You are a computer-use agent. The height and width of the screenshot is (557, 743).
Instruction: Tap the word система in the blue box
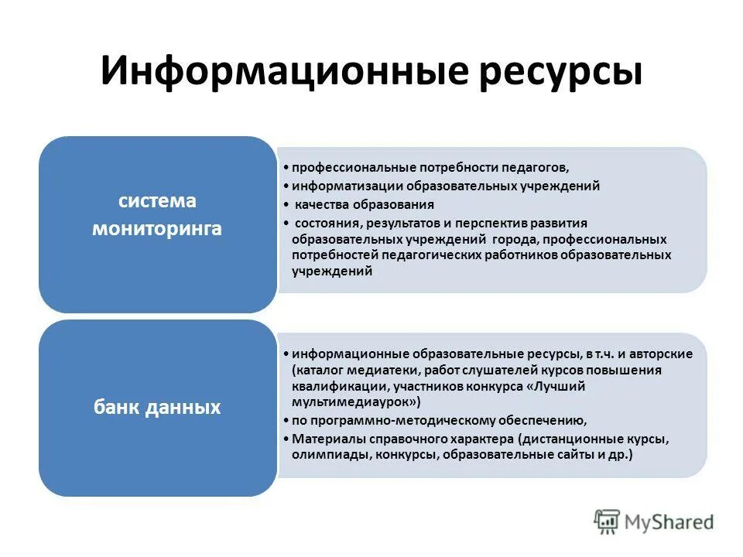click(x=157, y=201)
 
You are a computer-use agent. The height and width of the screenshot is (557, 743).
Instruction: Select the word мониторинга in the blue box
click(x=157, y=229)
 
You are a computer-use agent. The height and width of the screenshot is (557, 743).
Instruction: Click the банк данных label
click(x=157, y=407)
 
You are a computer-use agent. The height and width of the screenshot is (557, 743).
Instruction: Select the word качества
click(x=324, y=204)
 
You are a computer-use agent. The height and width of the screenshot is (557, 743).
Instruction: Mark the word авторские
click(x=664, y=354)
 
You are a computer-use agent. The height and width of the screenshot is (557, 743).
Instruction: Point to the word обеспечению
click(x=544, y=421)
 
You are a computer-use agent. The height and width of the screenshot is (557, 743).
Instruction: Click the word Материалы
click(x=327, y=439)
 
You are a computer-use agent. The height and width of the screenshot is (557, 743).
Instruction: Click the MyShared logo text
click(x=670, y=521)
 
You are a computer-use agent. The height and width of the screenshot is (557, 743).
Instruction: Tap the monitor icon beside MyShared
click(x=608, y=521)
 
